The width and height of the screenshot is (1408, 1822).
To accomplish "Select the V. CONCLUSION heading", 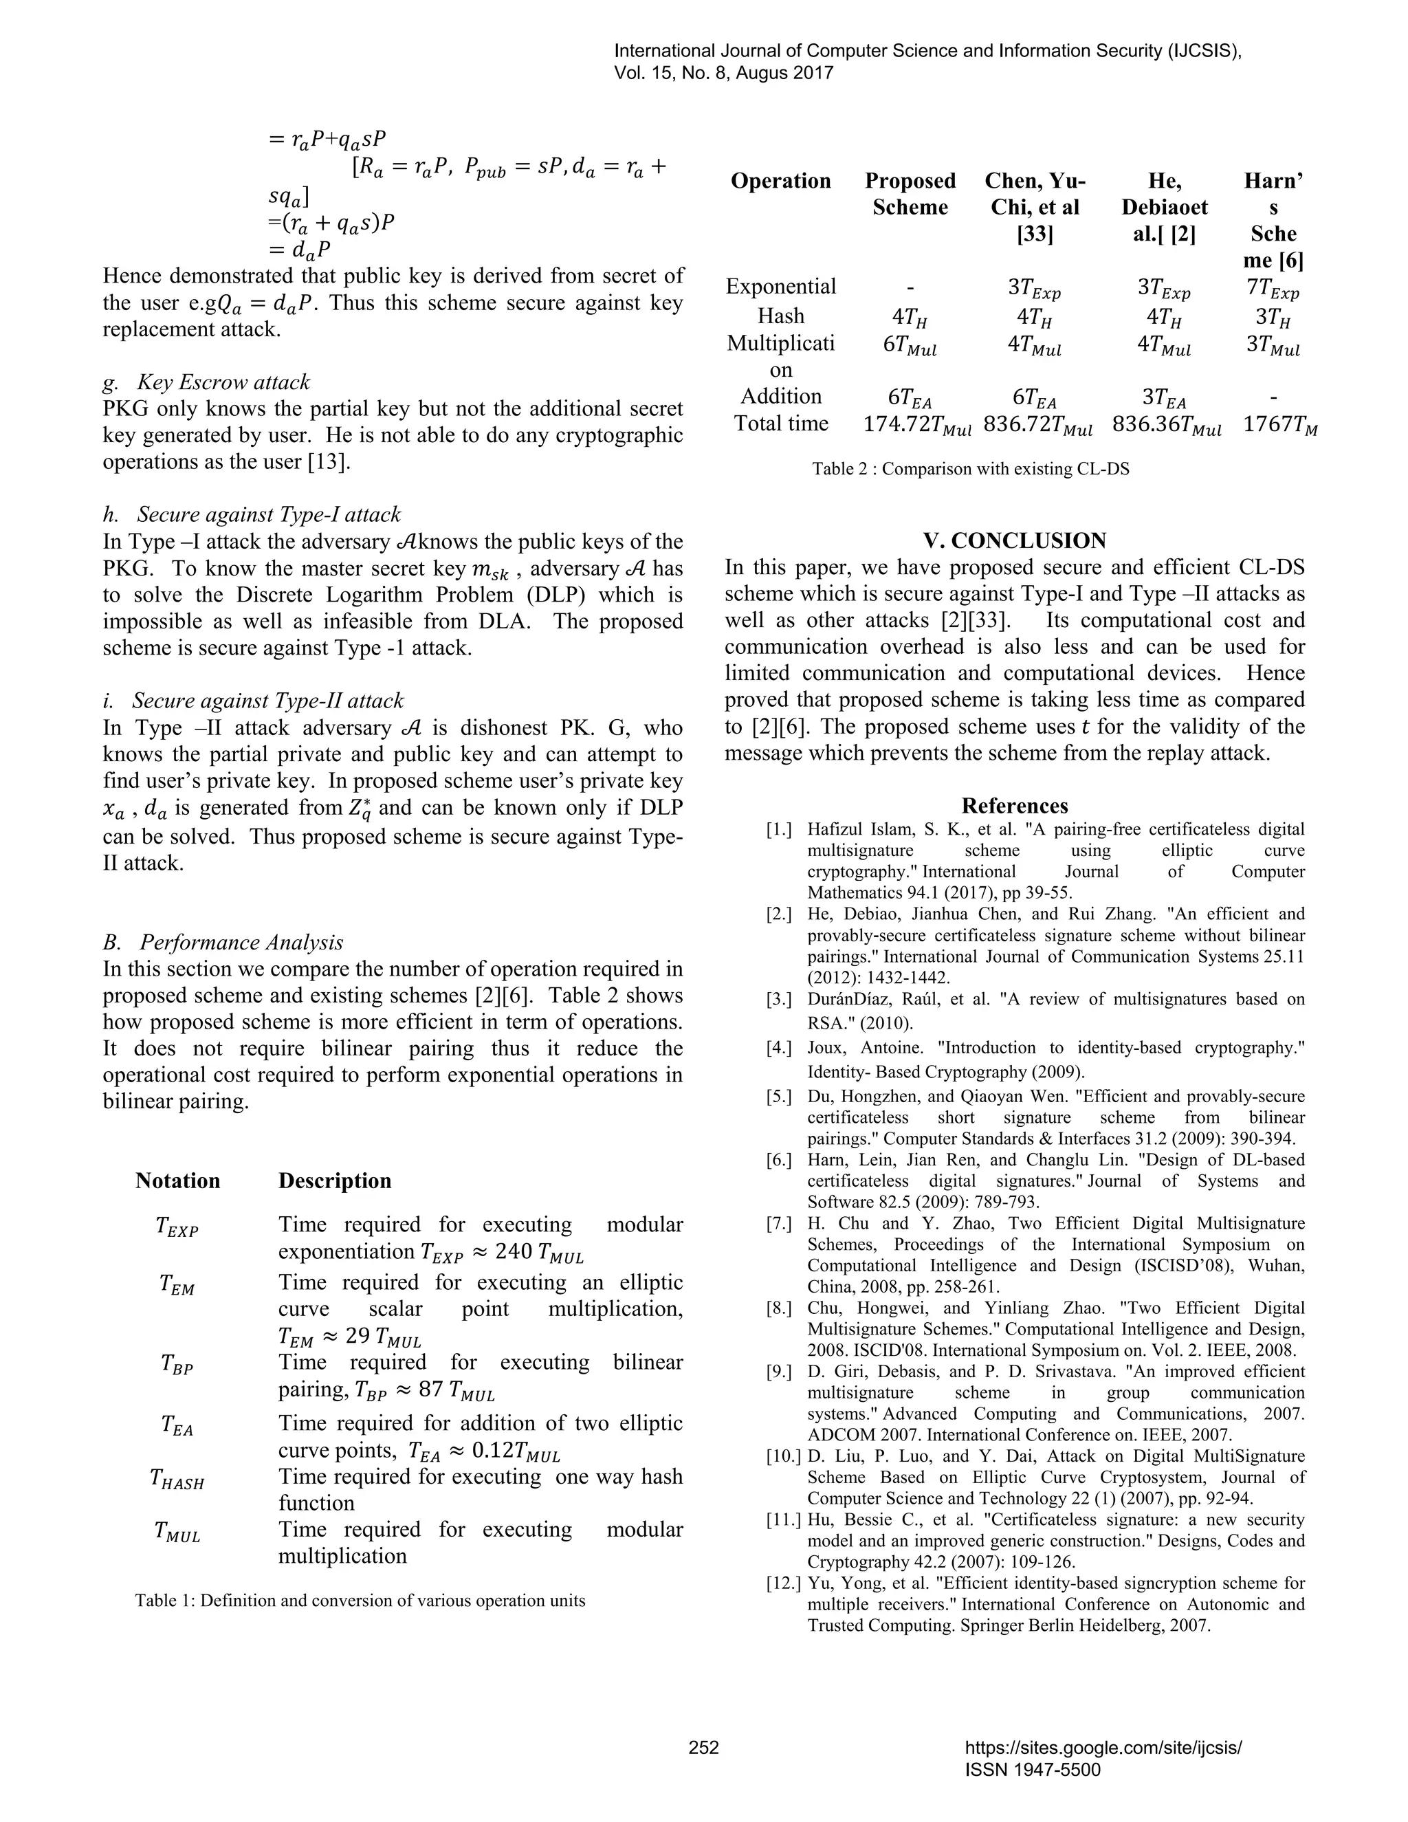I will point(1014,540).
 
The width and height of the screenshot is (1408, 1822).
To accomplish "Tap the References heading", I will point(1014,806).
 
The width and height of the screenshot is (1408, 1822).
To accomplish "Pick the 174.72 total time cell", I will point(916,425).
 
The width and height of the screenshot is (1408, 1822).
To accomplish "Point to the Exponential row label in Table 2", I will point(781,287).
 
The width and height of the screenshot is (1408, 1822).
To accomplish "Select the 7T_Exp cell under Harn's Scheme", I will point(1272,289).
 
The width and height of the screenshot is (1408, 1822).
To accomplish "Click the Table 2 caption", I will point(970,469).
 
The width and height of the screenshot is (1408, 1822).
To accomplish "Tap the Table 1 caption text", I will point(360,1601).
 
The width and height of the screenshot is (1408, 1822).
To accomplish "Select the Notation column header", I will point(177,1181).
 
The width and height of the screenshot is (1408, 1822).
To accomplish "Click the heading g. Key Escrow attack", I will point(206,382).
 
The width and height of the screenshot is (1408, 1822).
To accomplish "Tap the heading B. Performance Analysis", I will point(223,942).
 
